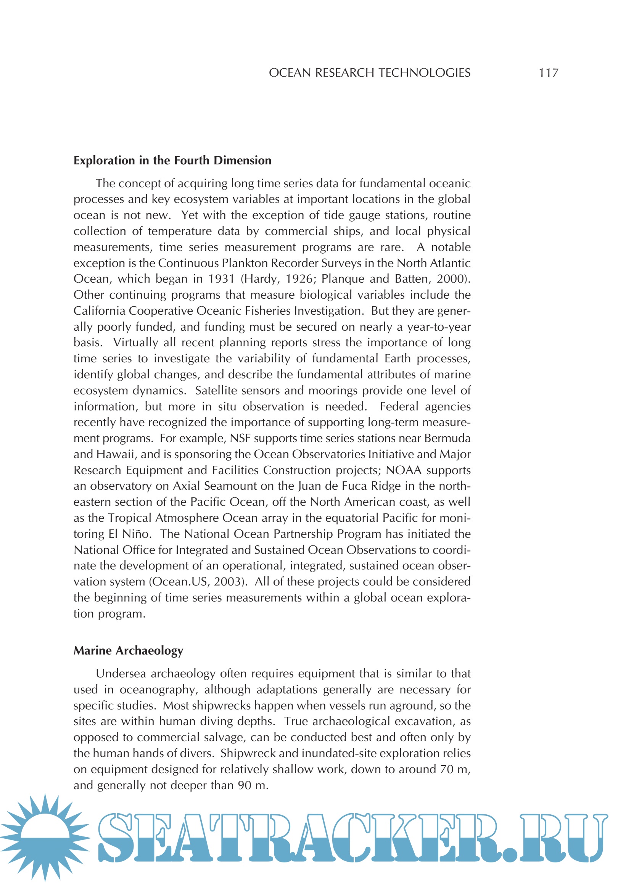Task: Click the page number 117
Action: point(549,73)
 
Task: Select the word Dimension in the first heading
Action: point(243,160)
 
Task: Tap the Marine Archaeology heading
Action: point(129,650)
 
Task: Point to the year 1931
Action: point(221,279)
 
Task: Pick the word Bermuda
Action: point(447,438)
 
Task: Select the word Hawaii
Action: point(116,454)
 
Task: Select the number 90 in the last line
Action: point(244,785)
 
